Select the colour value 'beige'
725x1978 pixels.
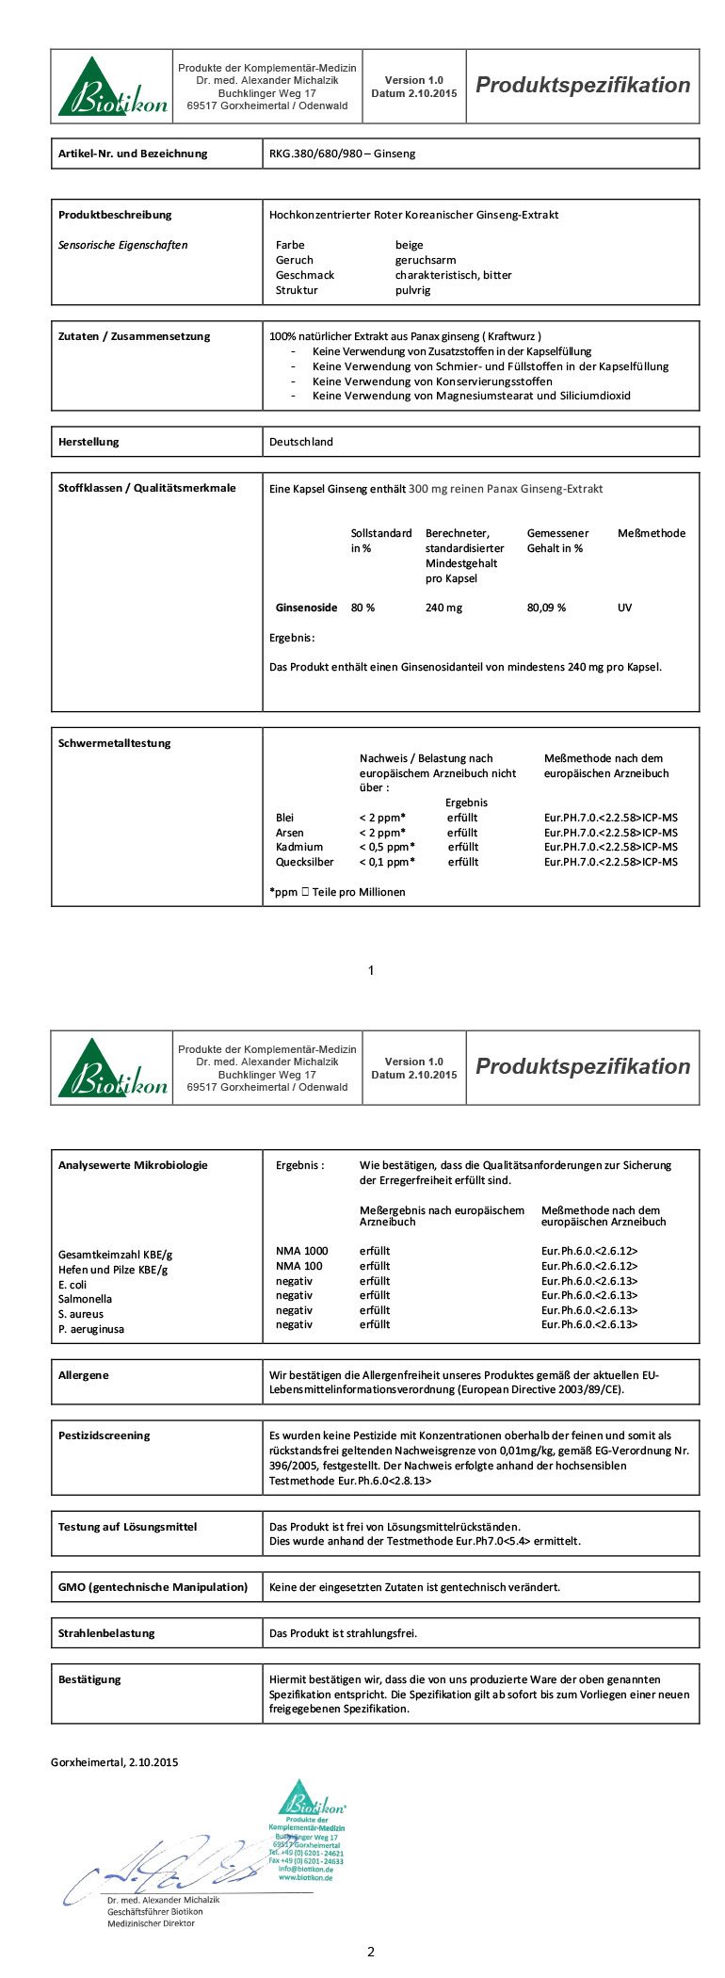409,245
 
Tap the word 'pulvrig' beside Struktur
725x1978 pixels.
412,290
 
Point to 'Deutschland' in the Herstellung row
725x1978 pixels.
301,442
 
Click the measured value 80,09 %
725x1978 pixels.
546,608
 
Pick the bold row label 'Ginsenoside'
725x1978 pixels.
306,608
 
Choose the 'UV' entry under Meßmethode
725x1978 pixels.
624,608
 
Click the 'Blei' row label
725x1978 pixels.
284,818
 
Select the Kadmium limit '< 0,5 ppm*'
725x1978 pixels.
387,847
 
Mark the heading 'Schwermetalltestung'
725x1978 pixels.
115,743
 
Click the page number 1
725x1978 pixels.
371,970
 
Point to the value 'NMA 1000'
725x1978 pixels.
301,1251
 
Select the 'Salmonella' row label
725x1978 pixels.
85,1299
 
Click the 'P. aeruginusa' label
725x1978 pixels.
91,1329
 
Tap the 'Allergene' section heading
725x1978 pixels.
84,1375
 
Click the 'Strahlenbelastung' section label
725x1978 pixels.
106,1633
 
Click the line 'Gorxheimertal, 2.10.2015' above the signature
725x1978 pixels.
114,1762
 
